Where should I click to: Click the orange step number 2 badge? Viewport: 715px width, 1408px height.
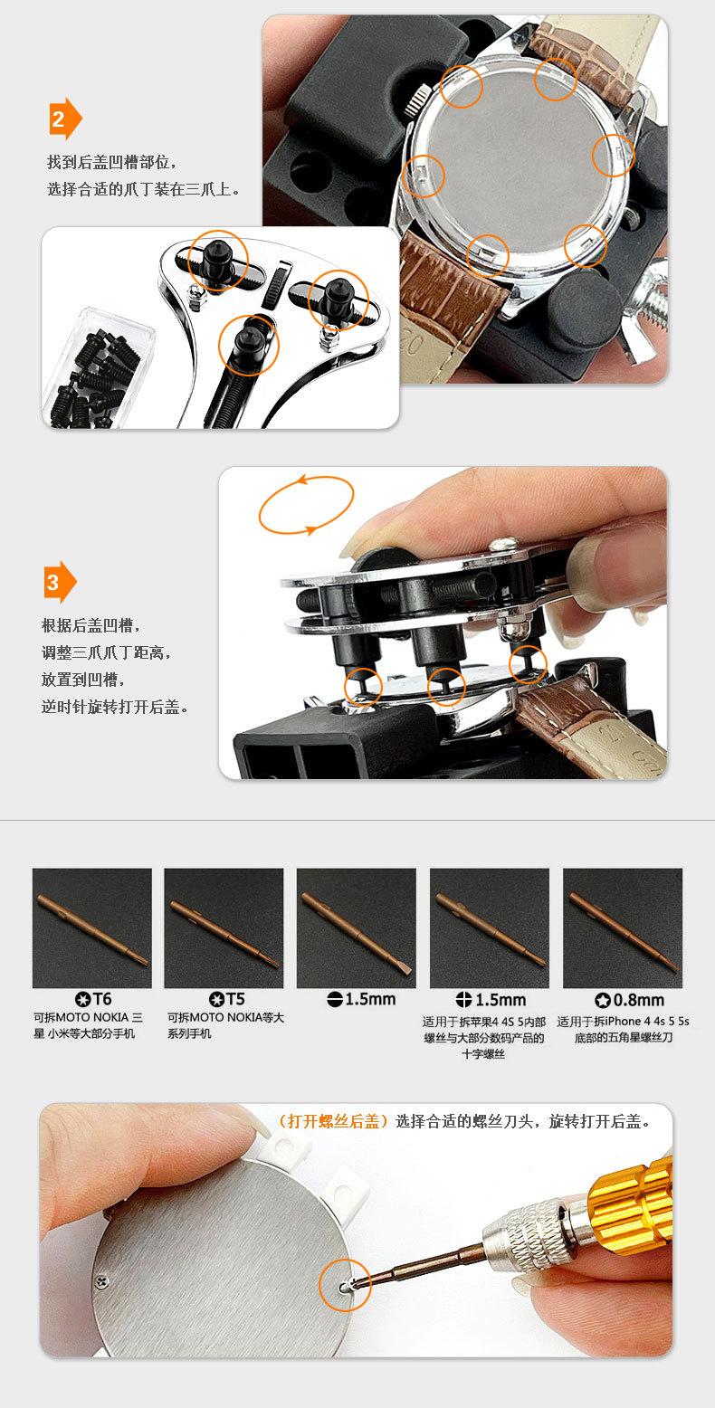click(x=65, y=119)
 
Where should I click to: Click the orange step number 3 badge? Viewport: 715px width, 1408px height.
click(x=60, y=582)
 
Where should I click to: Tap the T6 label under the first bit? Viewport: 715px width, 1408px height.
click(x=93, y=999)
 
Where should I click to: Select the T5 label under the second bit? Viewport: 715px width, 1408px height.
click(x=226, y=999)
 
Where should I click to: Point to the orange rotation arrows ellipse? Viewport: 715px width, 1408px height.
click(x=306, y=505)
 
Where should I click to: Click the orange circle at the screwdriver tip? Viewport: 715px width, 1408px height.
click(x=345, y=1285)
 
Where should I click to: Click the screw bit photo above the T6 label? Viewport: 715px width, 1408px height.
click(x=91, y=928)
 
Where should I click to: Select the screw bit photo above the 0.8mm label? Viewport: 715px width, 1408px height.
click(x=623, y=928)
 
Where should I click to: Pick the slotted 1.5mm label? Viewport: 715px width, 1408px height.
click(x=362, y=999)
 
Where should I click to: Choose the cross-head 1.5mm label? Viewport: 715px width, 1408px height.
click(x=491, y=999)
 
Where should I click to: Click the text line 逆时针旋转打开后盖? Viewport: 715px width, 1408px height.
click(x=115, y=707)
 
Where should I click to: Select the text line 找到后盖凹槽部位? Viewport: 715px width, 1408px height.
click(x=112, y=162)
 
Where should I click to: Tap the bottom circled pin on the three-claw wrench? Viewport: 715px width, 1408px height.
click(x=248, y=345)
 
